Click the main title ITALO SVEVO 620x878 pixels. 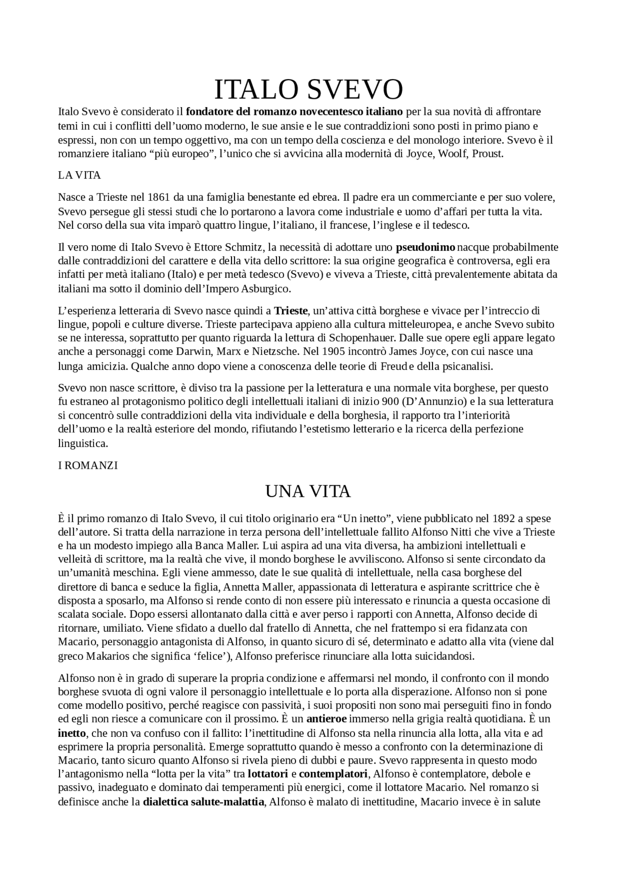point(309,90)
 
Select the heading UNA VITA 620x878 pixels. point(308,492)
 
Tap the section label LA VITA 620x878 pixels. point(79,176)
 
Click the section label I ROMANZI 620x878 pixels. point(88,465)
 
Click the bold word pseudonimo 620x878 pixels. point(425,247)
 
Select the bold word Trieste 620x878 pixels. point(291,311)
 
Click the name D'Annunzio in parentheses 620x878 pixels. point(435,401)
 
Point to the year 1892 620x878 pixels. point(504,518)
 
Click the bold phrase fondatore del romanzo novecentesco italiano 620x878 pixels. point(294,112)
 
